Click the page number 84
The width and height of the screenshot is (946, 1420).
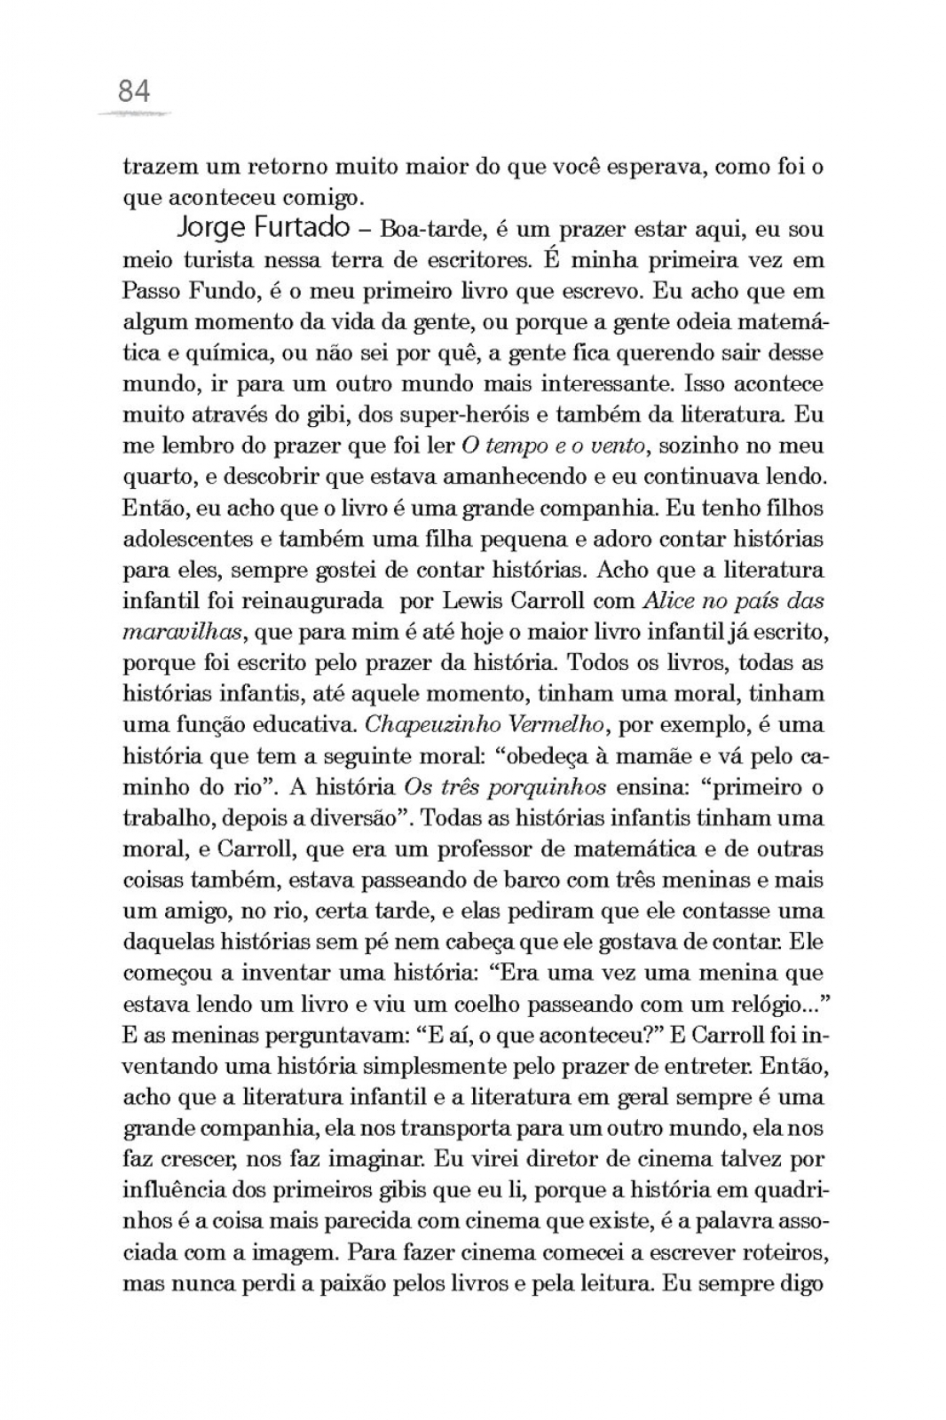click(x=134, y=91)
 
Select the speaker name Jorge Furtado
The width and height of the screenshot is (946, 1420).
click(x=263, y=228)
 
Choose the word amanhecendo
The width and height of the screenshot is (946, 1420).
click(x=510, y=477)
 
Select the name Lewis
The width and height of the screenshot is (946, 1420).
click(x=474, y=601)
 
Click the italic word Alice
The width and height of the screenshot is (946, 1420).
click(x=667, y=601)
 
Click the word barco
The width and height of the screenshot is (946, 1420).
click(x=521, y=880)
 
